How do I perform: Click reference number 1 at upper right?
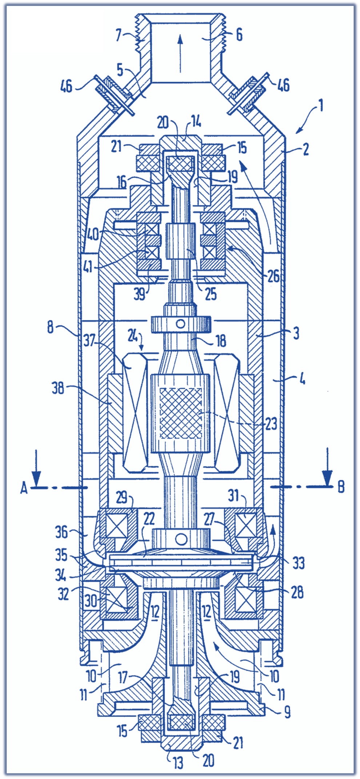click(x=320, y=106)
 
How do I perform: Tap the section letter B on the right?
click(x=341, y=487)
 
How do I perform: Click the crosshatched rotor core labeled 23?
click(x=181, y=413)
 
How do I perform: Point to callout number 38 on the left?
click(x=58, y=388)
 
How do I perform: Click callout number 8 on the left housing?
click(x=50, y=327)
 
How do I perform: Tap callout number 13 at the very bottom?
click(x=178, y=763)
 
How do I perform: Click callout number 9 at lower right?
click(x=287, y=712)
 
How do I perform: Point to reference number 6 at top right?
click(x=239, y=35)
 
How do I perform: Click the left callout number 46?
click(x=66, y=87)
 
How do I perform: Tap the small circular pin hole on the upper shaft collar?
click(x=180, y=323)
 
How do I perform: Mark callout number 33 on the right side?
click(x=299, y=563)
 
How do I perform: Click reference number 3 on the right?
click(x=296, y=333)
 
